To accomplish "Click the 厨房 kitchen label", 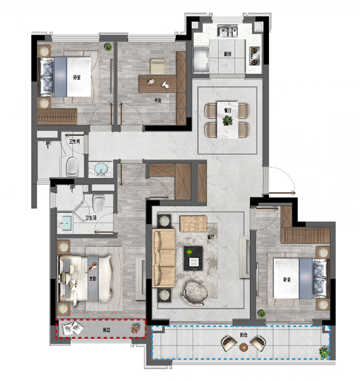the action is pos(228,54).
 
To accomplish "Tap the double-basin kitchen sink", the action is pos(228,31).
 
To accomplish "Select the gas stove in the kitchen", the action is pos(254,56).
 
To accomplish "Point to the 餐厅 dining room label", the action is pos(228,111).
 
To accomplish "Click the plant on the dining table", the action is pos(228,121).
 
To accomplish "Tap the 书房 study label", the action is pos(157,100).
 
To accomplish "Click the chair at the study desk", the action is pos(157,66).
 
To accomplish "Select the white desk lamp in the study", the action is pos(166,85).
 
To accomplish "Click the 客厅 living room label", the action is pos(211,237).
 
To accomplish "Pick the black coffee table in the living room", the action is pos(193,258).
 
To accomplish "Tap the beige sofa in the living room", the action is pos(164,258).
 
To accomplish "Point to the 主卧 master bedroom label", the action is pos(93,279).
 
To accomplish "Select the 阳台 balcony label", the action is pos(243,335).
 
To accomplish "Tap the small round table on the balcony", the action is pos(243,347).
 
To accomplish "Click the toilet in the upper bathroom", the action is pos(73,167).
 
